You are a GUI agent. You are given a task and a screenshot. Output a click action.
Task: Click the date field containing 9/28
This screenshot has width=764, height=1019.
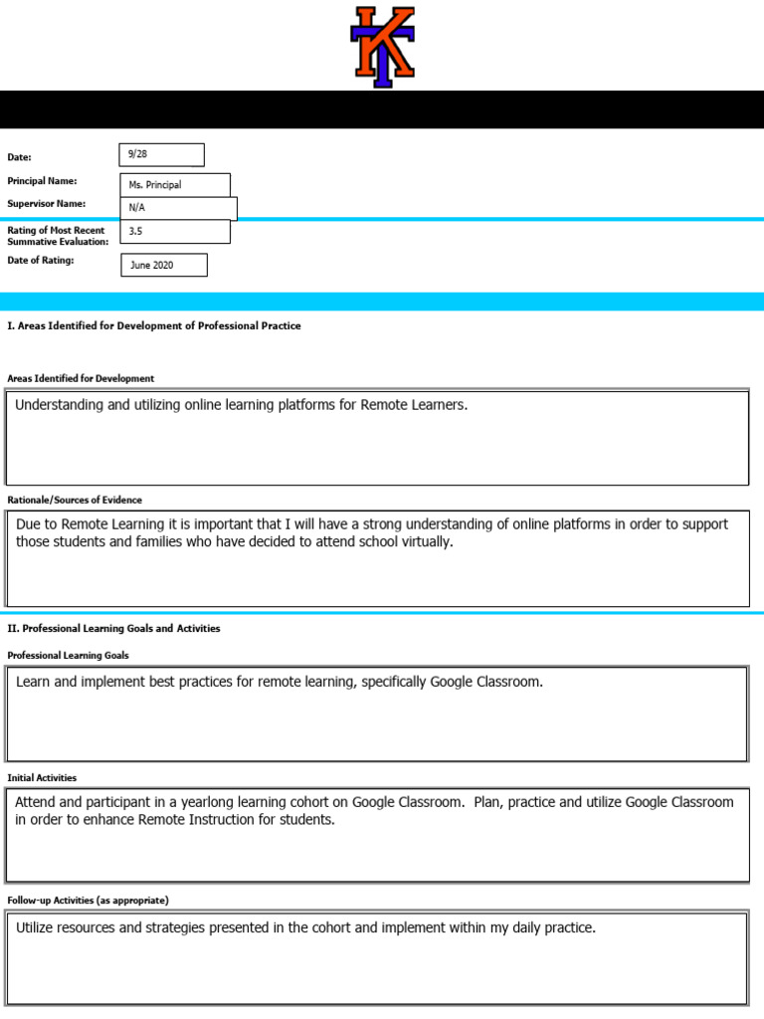[161, 155]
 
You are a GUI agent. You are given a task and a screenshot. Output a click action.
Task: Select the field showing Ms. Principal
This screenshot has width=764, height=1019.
[174, 185]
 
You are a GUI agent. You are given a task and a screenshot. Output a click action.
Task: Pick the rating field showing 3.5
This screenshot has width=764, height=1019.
[174, 232]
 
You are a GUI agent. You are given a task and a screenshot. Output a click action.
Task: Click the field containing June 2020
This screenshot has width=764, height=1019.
[163, 265]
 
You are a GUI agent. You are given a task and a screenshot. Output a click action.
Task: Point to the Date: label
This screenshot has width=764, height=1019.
[20, 157]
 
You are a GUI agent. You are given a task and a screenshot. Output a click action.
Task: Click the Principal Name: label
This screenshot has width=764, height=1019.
[42, 181]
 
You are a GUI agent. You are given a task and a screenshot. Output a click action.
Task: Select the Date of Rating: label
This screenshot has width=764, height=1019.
[40, 260]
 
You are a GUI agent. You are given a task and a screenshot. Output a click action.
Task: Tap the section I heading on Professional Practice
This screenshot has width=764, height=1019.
[153, 325]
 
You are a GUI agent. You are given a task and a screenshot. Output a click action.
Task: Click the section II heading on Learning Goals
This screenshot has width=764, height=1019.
[113, 629]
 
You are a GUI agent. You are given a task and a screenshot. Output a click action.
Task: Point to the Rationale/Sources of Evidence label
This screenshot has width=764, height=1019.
[75, 500]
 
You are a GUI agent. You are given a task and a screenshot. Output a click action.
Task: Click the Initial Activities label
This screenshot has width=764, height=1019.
[42, 777]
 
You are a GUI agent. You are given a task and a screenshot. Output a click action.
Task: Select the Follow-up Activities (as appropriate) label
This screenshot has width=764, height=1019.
[88, 900]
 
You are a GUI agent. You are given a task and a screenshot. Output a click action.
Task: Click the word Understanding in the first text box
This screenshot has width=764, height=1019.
[62, 406]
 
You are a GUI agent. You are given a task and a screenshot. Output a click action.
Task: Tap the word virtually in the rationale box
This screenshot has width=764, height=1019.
[421, 542]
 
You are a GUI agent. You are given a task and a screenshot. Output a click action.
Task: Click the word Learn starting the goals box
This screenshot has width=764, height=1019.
[34, 682]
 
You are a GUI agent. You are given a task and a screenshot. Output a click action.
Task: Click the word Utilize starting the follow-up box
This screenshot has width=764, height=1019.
[39, 927]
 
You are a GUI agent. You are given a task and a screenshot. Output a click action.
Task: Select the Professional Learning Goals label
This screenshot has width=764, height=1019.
[68, 655]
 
